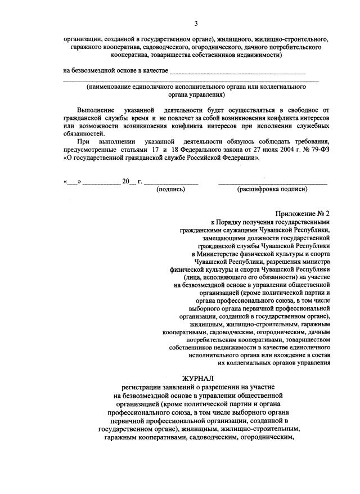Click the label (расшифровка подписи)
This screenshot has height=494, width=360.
(x=273, y=189)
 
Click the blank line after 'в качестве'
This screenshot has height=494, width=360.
(x=237, y=71)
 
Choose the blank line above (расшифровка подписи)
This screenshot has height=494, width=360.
(x=273, y=182)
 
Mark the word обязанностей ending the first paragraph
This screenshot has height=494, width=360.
(x=83, y=134)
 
